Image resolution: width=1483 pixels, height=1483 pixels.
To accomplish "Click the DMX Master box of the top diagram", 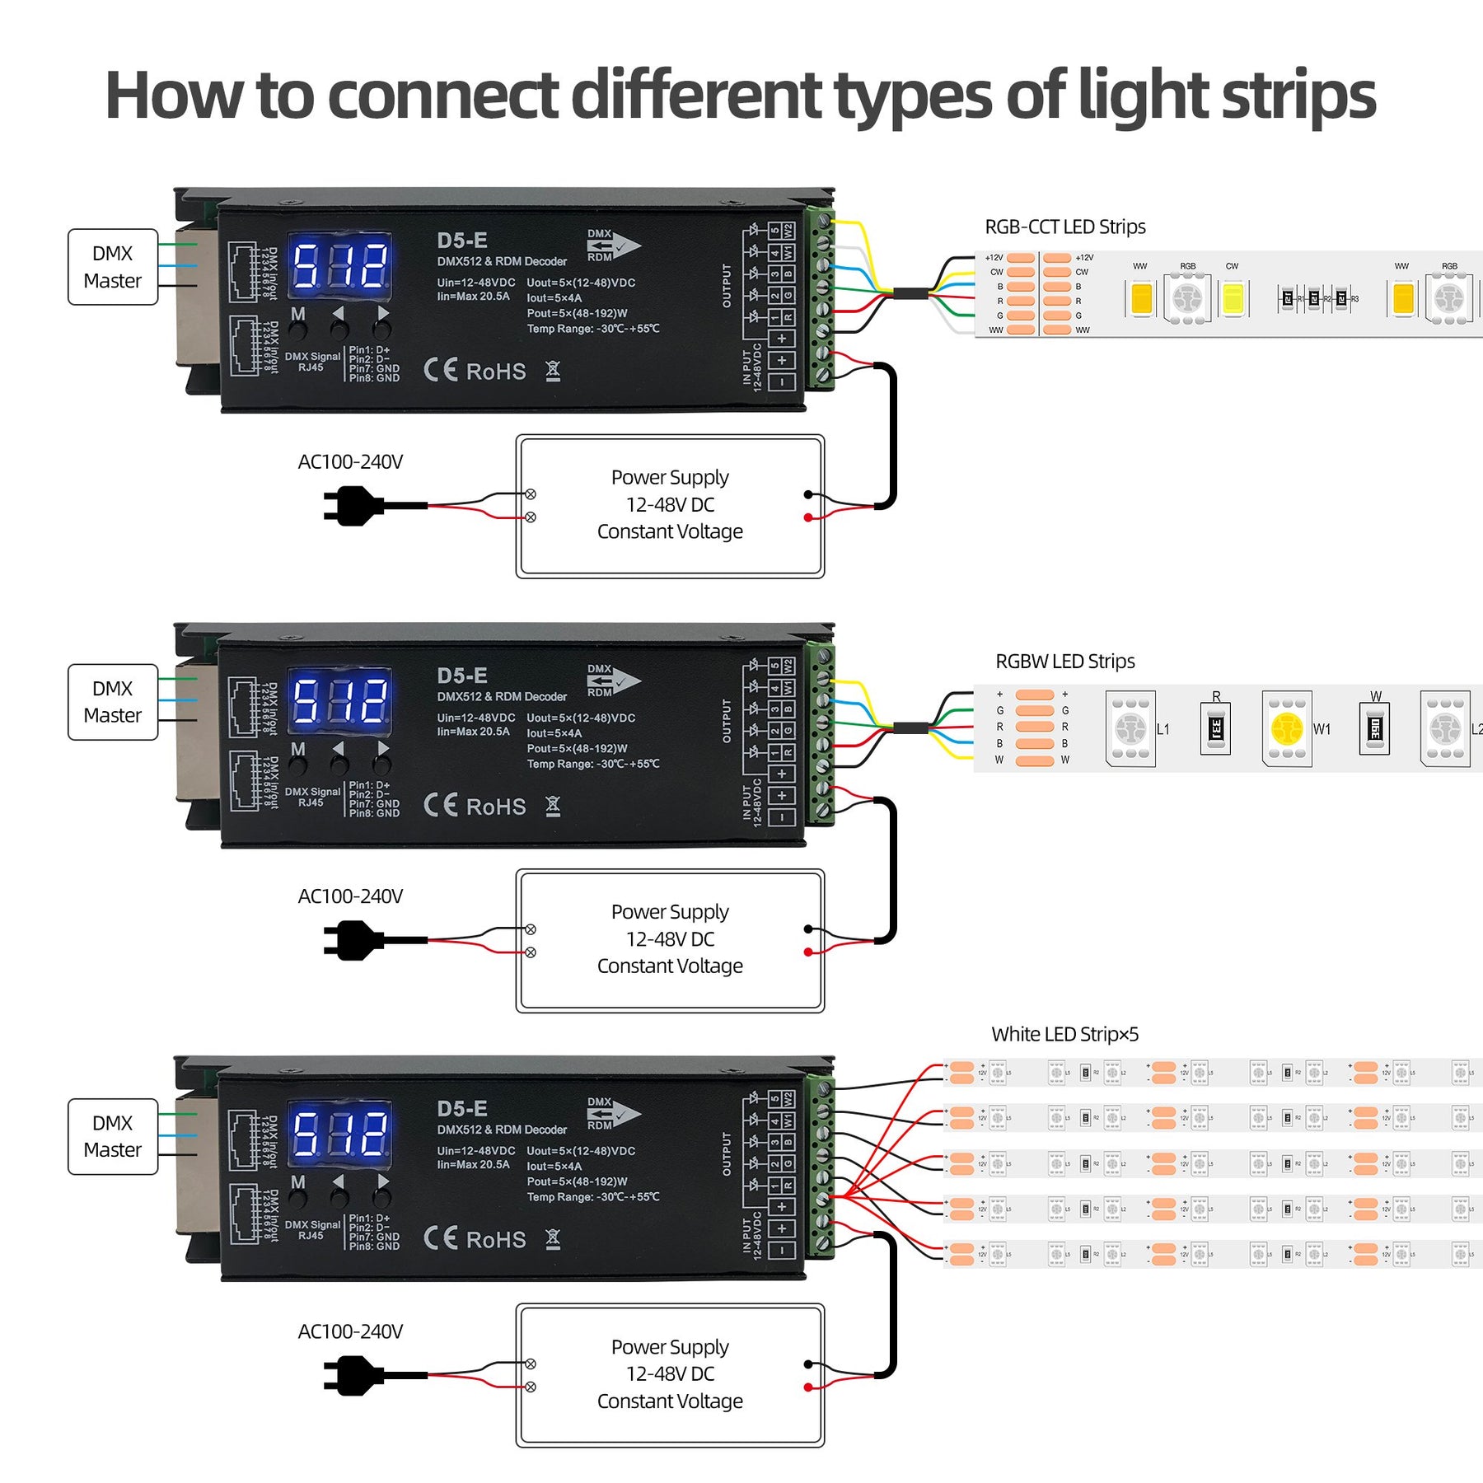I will point(112,267).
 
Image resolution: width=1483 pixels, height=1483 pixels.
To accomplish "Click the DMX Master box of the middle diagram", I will point(112,702).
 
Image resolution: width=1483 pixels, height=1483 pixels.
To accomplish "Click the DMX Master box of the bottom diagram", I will point(112,1136).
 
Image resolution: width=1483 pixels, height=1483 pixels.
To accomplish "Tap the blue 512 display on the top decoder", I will point(339,265).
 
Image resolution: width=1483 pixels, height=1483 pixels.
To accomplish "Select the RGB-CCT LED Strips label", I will point(1064,227).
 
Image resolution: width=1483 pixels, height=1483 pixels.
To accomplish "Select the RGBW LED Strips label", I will point(1064,662).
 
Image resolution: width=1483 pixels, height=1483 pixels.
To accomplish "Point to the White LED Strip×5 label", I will point(1064,1034).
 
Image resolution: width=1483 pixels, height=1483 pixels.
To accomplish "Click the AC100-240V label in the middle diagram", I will point(350,896).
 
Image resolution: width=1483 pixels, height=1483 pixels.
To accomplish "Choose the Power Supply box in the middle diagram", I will point(670,940).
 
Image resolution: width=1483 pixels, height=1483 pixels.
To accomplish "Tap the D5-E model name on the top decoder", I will point(462,241).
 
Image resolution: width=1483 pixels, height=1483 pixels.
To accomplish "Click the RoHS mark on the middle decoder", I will point(496,807).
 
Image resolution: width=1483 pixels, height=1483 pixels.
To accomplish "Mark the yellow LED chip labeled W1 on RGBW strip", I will point(1287,729).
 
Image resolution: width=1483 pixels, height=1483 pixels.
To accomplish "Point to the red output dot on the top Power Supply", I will point(808,517).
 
